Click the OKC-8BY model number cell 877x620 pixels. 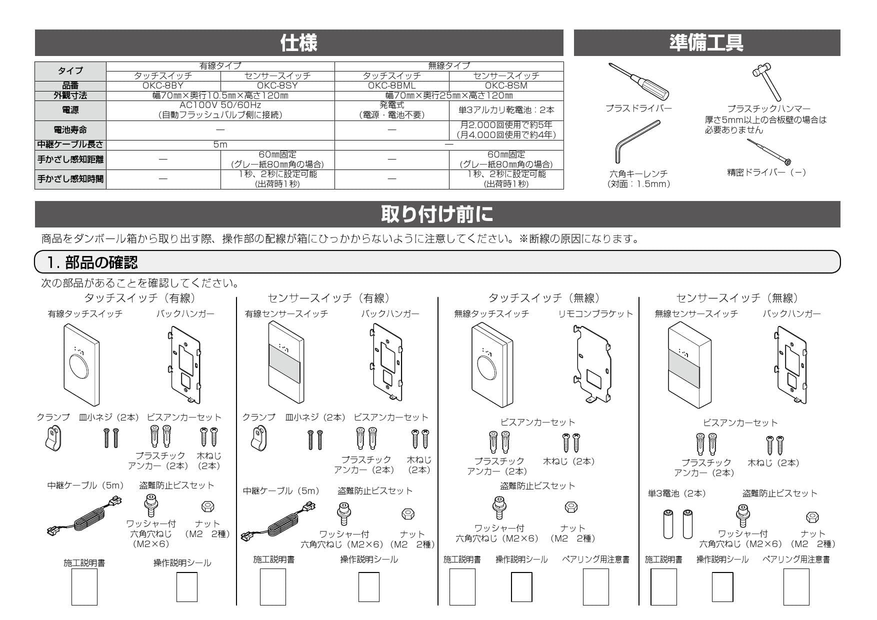pos(163,85)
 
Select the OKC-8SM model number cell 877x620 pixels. pos(506,85)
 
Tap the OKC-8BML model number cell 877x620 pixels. pos(391,85)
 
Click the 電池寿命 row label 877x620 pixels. pos(70,130)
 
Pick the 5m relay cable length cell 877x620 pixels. pos(220,144)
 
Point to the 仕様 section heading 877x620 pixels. pos(298,43)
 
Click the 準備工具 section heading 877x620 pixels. pos(706,43)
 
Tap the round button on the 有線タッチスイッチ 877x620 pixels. pos(79,366)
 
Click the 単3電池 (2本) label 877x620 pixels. pos(676,493)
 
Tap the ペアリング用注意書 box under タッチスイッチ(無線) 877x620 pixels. pos(595,586)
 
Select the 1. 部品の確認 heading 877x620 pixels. pos(92,262)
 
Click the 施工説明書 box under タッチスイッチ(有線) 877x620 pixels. pos(84,586)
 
